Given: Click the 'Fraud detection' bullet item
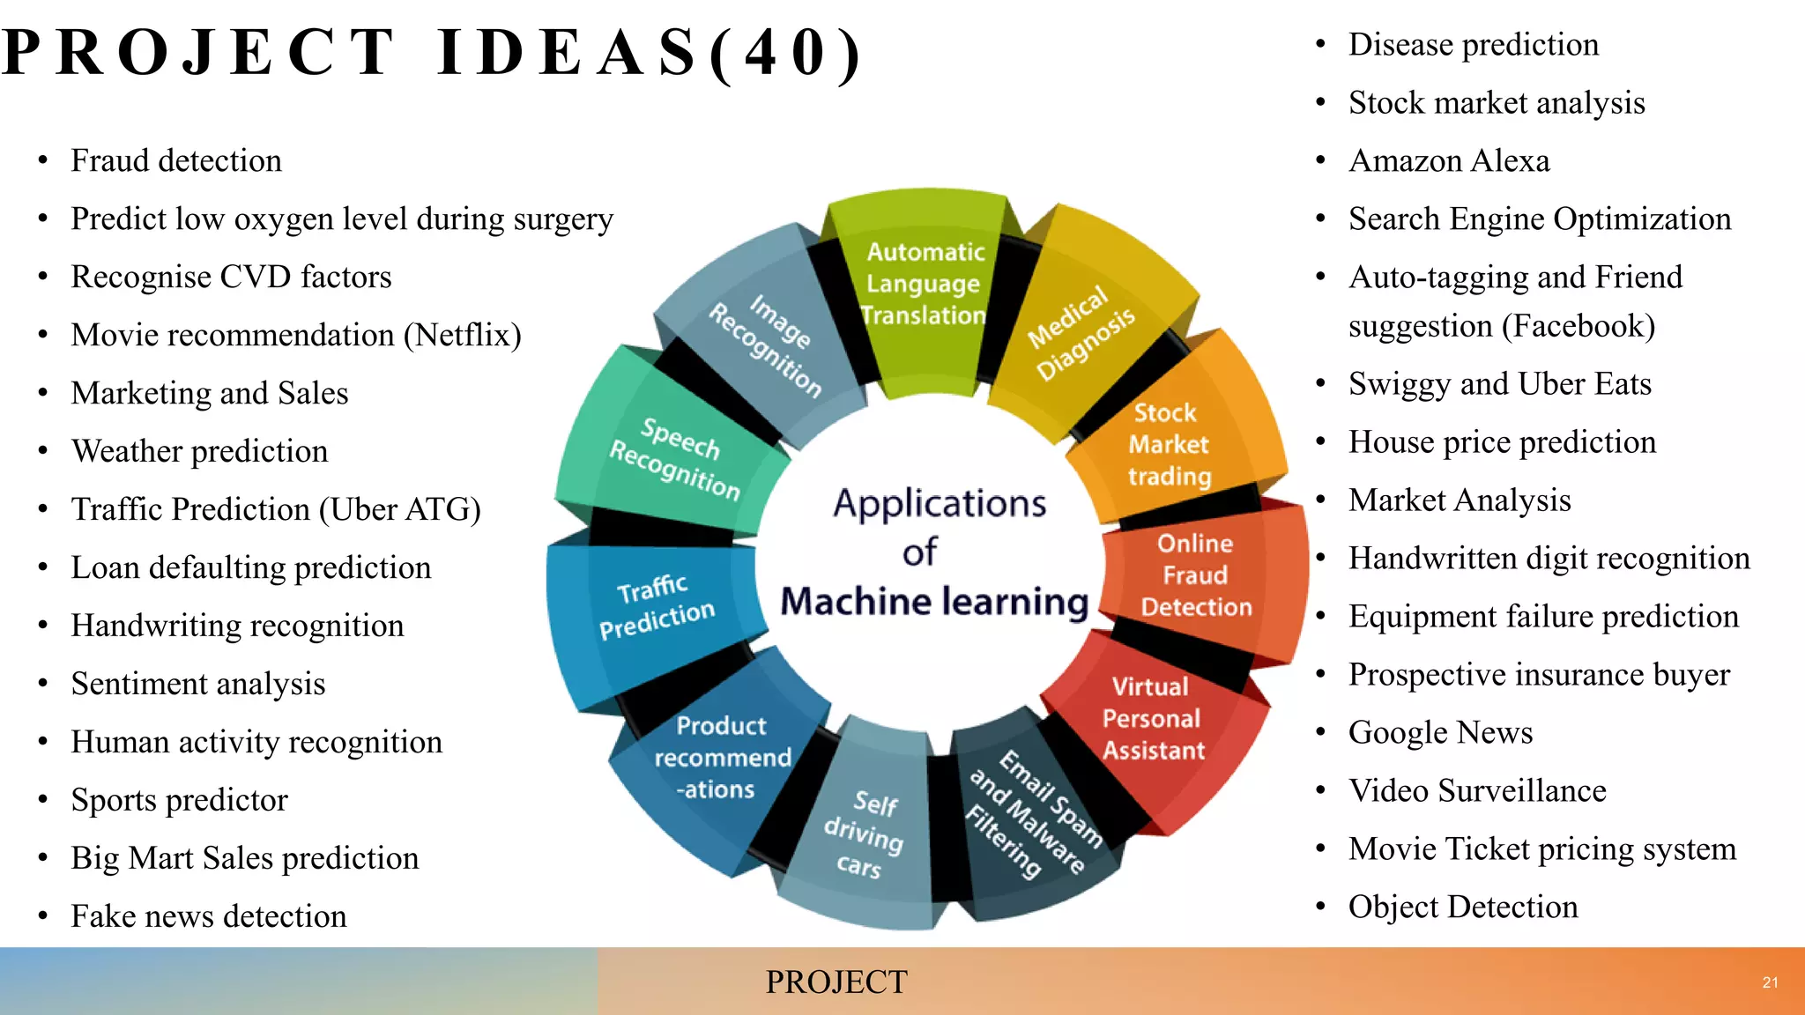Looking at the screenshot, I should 176,161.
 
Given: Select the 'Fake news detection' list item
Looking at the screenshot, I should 209,916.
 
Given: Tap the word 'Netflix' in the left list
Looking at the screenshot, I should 462,336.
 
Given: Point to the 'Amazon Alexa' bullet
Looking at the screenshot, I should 1449,161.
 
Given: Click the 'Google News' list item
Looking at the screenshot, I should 1440,733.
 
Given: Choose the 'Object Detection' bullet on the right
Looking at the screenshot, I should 1463,908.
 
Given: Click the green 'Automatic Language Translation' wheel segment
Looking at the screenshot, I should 924,284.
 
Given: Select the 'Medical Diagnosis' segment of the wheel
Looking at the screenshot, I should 1081,332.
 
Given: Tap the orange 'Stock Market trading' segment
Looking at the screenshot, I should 1169,445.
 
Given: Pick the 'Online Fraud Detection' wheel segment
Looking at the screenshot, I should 1195,575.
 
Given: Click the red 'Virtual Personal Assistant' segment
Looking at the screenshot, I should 1152,719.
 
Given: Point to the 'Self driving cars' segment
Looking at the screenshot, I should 864,833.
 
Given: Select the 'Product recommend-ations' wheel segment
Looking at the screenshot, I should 721,758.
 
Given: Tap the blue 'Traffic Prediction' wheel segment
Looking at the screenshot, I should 656,607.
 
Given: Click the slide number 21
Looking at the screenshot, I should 1770,982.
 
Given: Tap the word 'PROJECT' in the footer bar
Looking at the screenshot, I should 836,982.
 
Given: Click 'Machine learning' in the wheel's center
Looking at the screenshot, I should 934,602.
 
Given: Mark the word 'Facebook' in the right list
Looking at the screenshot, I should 1578,327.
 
